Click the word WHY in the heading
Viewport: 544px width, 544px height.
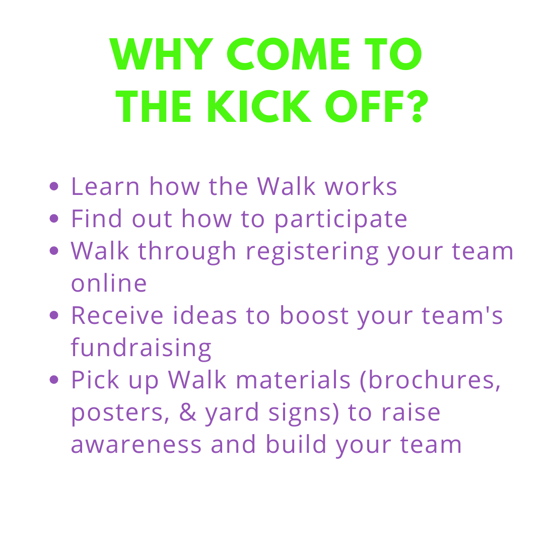pyautogui.click(x=161, y=54)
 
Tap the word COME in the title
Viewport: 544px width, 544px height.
pyautogui.click(x=289, y=54)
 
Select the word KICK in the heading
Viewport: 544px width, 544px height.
pyautogui.click(x=259, y=106)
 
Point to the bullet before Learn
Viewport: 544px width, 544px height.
pyautogui.click(x=54, y=186)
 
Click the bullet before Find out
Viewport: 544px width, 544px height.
pyautogui.click(x=54, y=219)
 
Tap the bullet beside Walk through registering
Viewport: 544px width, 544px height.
pyautogui.click(x=54, y=251)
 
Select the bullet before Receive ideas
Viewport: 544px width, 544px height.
pyautogui.click(x=54, y=315)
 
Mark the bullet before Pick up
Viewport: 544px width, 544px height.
pyautogui.click(x=54, y=380)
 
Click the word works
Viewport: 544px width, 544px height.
pyautogui.click(x=361, y=186)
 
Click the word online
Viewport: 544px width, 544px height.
pyautogui.click(x=109, y=282)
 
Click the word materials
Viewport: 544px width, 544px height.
pyautogui.click(x=293, y=380)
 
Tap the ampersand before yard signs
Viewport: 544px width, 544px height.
pyautogui.click(x=188, y=412)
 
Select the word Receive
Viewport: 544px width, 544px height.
pyautogui.click(x=117, y=315)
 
